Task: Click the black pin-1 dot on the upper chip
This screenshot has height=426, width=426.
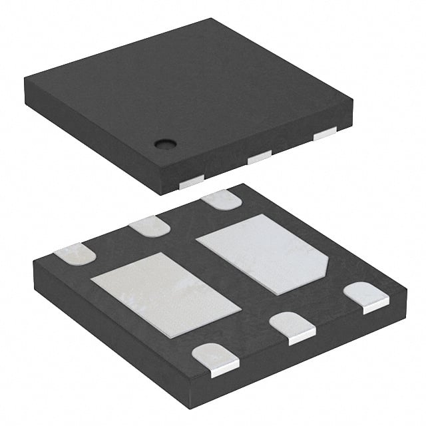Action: pos(162,142)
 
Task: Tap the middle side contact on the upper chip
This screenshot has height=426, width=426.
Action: pos(259,158)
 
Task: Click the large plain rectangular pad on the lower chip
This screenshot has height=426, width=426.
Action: pos(165,294)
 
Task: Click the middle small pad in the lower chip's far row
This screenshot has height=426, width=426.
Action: pos(149,227)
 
